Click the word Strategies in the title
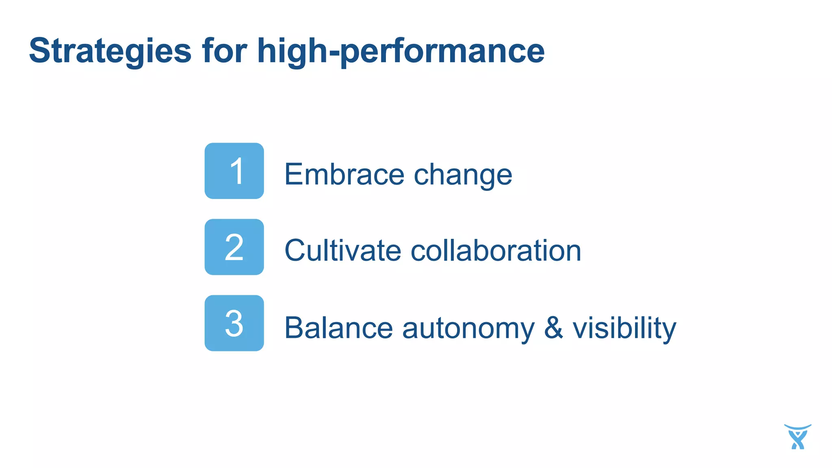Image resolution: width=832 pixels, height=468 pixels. (x=110, y=51)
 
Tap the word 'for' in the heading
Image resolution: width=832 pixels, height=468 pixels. (x=224, y=50)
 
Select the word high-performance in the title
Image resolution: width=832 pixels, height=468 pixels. (x=401, y=51)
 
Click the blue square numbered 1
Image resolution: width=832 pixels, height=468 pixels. (x=234, y=171)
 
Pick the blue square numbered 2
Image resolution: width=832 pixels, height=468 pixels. (x=234, y=247)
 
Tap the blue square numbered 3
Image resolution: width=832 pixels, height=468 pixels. (x=234, y=323)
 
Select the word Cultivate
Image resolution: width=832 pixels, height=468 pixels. (x=343, y=250)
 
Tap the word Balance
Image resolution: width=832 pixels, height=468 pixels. (x=338, y=327)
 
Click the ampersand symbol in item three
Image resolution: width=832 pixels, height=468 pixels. (x=553, y=327)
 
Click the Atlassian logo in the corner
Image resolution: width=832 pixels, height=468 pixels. (x=797, y=437)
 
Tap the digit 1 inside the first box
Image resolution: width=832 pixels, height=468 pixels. (x=237, y=171)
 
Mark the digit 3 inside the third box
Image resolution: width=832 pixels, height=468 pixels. (x=234, y=323)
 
